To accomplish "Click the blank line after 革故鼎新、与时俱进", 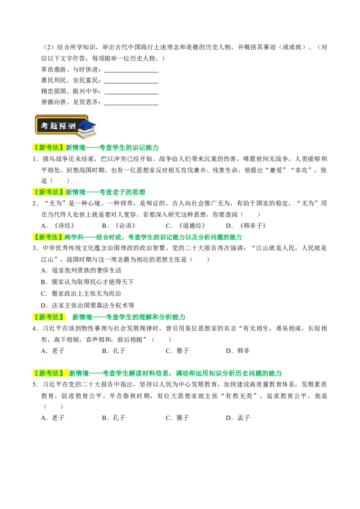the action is pyautogui.click(x=131, y=72).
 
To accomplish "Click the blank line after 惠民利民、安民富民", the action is pyautogui.click(x=131, y=83).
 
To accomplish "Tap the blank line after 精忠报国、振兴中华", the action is pyautogui.click(x=131, y=94).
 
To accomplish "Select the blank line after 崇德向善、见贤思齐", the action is pyautogui.click(x=131, y=105).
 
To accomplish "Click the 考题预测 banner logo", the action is pyautogui.click(x=65, y=125).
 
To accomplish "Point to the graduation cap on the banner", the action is pyautogui.click(x=87, y=125).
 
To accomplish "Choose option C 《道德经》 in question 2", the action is pyautogui.click(x=185, y=226).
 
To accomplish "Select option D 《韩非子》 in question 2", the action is pyautogui.click(x=246, y=226).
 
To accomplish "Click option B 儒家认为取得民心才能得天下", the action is pyautogui.click(x=87, y=282).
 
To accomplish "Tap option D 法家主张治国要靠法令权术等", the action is pyautogui.click(x=88, y=305).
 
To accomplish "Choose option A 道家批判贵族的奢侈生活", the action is pyautogui.click(x=81, y=270).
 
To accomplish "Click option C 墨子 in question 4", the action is pyautogui.click(x=177, y=351).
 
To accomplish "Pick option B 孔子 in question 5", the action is pyautogui.click(x=114, y=417).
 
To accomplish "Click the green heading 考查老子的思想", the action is pyautogui.click(x=122, y=192).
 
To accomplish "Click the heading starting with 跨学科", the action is pyautogui.click(x=153, y=237).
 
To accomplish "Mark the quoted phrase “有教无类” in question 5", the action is pyautogui.click(x=239, y=396).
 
